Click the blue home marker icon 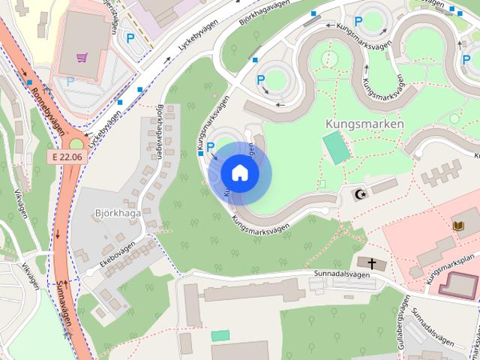click(x=239, y=172)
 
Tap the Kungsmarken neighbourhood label click(x=365, y=124)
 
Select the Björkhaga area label click(x=118, y=212)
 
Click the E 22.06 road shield click(x=67, y=157)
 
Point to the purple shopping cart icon click(x=82, y=56)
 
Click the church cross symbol click(x=371, y=262)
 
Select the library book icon click(x=458, y=225)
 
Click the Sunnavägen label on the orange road click(x=65, y=304)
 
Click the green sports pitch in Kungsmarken click(x=336, y=148)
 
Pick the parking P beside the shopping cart click(x=130, y=38)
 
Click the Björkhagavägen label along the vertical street click(x=160, y=131)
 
